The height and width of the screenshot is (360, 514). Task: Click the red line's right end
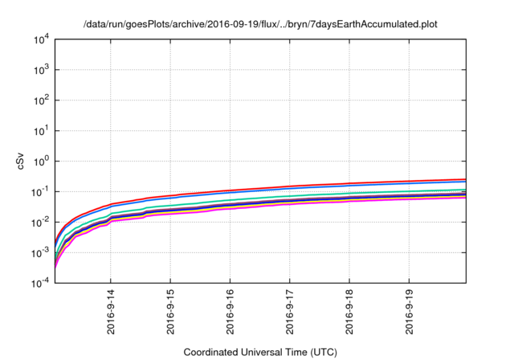(x=466, y=179)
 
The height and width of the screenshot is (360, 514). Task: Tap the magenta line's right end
(x=466, y=197)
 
